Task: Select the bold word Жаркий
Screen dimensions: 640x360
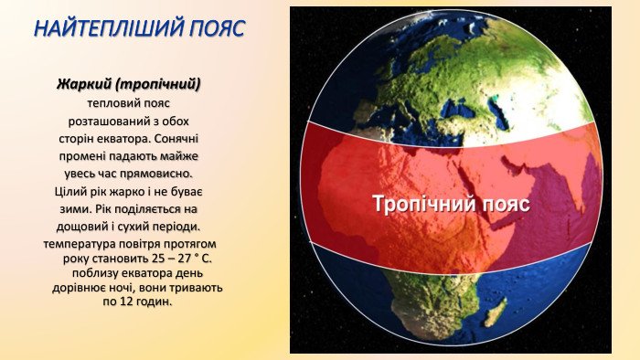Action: pyautogui.click(x=84, y=84)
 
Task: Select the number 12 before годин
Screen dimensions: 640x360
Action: pyautogui.click(x=126, y=302)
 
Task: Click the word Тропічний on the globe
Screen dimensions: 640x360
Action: pyautogui.click(x=424, y=204)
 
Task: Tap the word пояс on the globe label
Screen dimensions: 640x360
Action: pyautogui.click(x=507, y=204)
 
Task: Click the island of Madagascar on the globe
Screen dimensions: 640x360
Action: pyautogui.click(x=496, y=312)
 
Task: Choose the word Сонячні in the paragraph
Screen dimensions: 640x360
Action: pyautogui.click(x=176, y=139)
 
